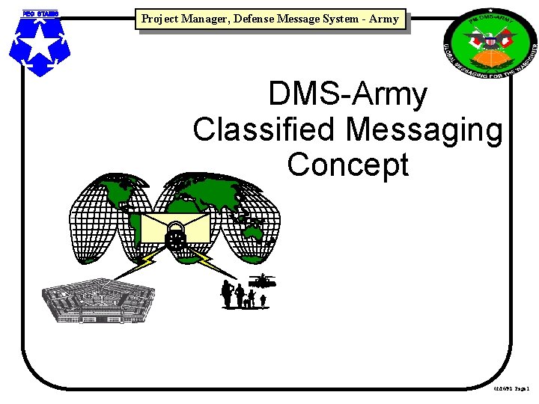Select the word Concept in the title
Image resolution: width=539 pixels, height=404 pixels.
348,165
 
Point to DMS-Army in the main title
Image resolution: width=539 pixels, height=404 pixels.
348,95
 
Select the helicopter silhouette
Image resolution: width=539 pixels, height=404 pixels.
263,281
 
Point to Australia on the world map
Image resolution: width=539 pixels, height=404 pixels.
254,233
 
